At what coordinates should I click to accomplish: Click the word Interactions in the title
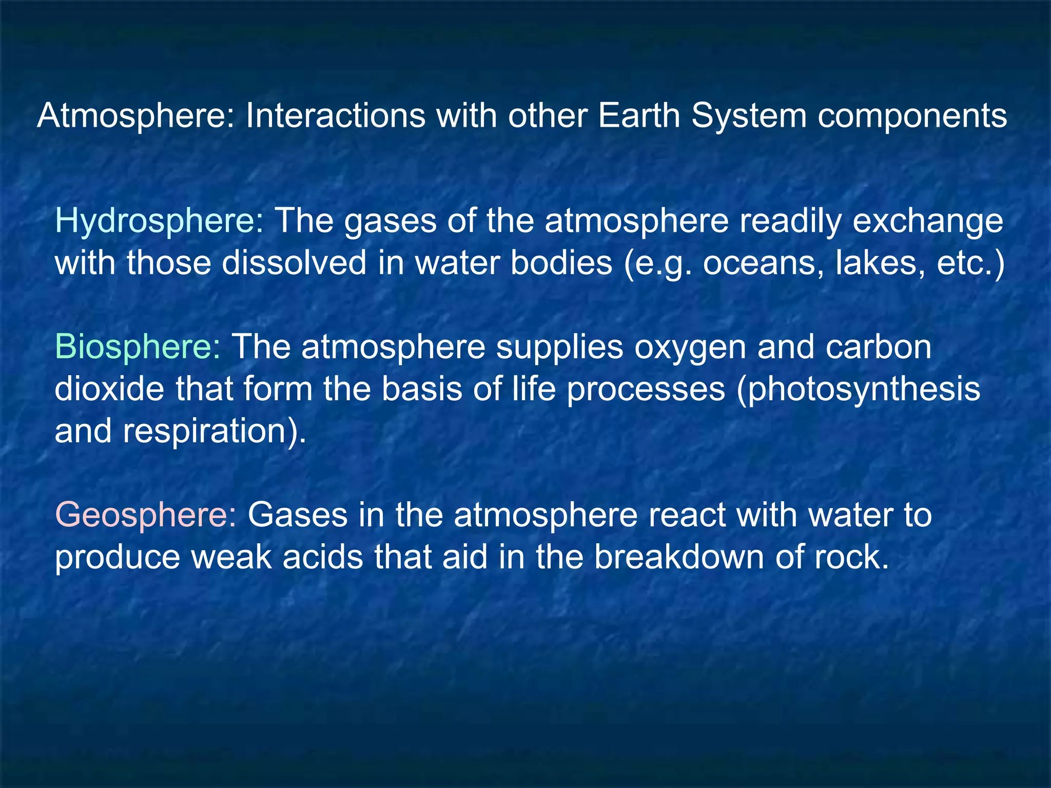(x=335, y=116)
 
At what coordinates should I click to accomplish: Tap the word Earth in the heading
(x=638, y=116)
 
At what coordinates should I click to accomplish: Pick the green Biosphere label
(x=138, y=347)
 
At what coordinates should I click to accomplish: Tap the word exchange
(x=927, y=222)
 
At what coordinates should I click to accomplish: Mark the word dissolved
(x=294, y=263)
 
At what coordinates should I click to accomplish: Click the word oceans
(x=764, y=263)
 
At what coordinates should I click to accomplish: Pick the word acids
(x=323, y=557)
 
